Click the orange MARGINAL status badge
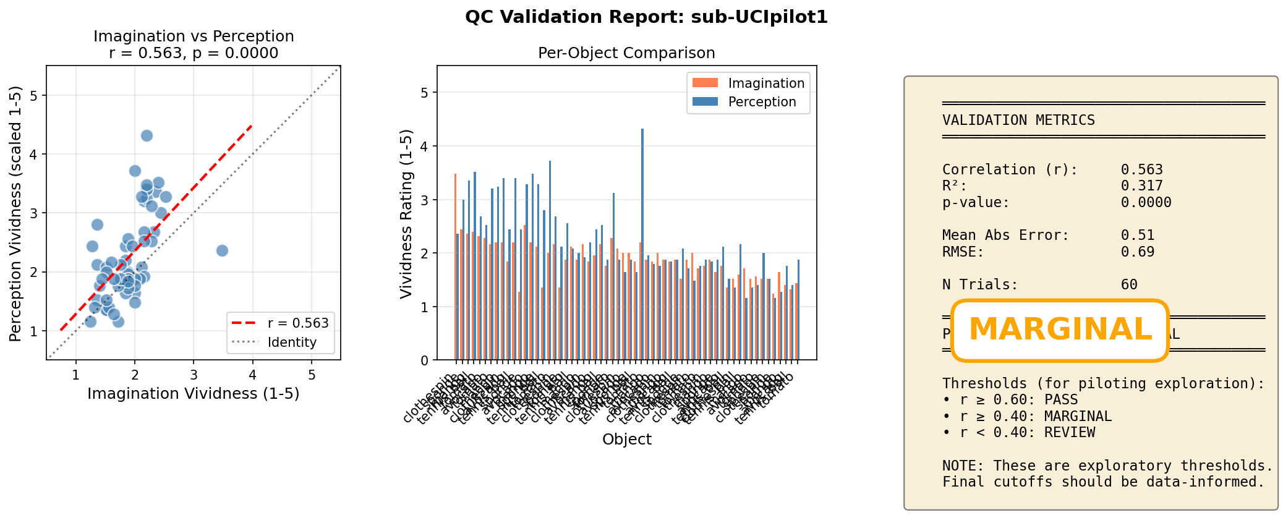(1059, 330)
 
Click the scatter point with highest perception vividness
(147, 135)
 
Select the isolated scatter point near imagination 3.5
(222, 250)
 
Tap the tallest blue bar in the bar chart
(642, 244)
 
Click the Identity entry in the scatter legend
(291, 343)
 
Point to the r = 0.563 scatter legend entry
(297, 323)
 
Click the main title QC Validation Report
(646, 17)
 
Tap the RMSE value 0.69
(1137, 252)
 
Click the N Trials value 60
(1129, 284)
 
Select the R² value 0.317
(1141, 186)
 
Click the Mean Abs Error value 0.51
(1137, 235)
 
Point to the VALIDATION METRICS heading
(1018, 120)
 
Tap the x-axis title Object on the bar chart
(626, 439)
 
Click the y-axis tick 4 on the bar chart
(425, 147)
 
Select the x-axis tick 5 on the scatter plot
(311, 375)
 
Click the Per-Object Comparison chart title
(626, 53)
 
